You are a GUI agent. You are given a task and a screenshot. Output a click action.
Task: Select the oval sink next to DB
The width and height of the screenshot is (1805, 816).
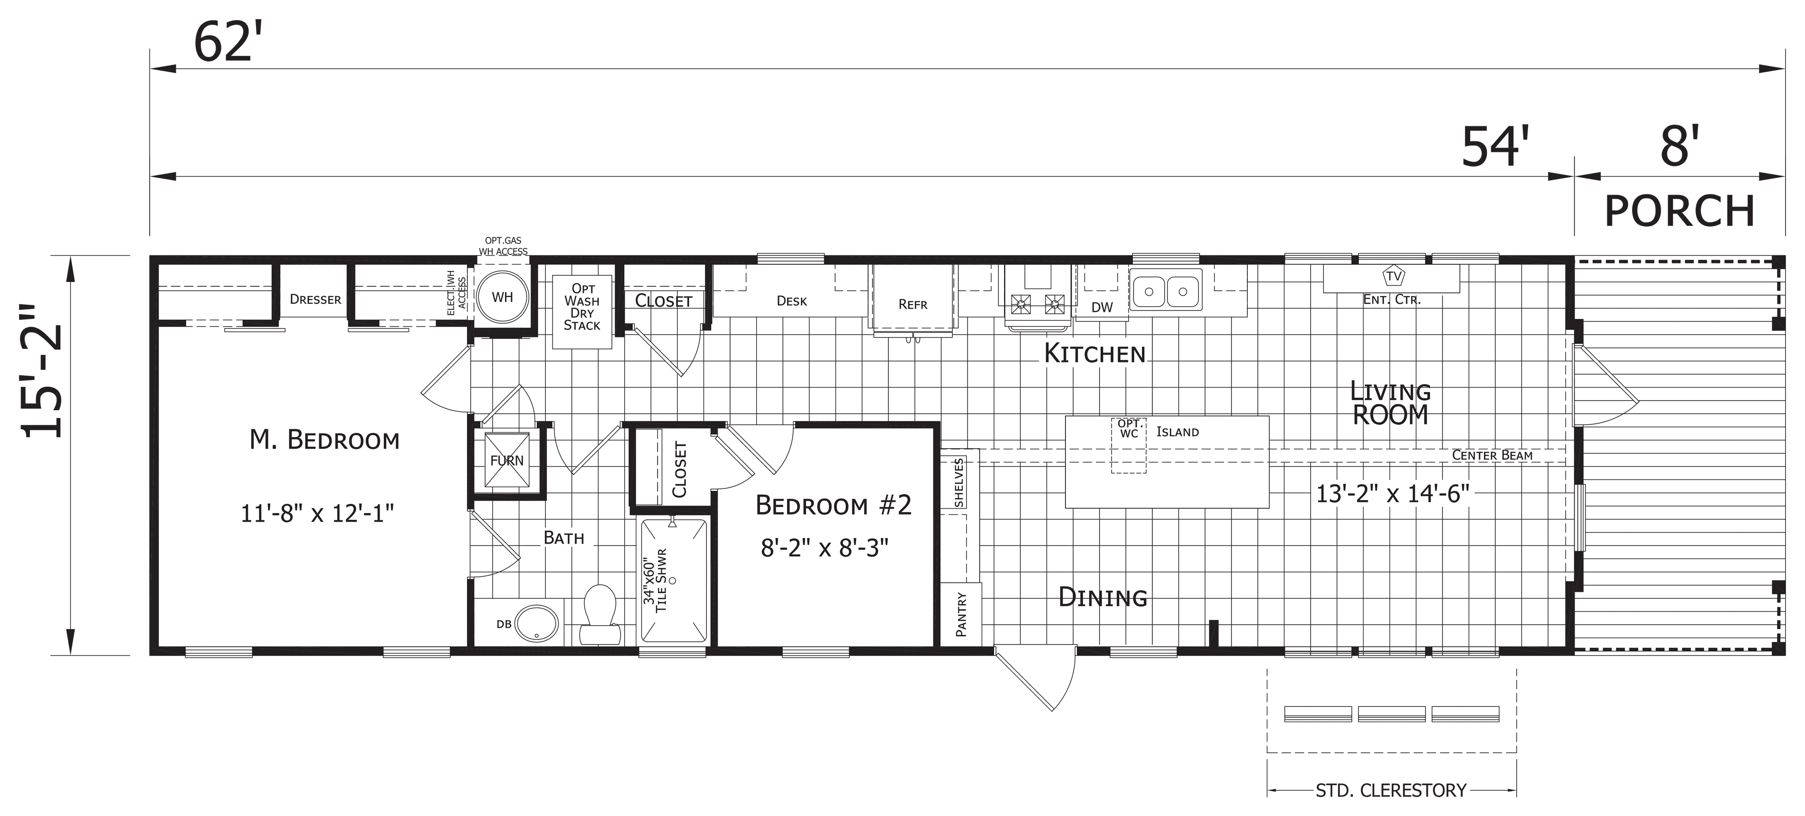pyautogui.click(x=537, y=623)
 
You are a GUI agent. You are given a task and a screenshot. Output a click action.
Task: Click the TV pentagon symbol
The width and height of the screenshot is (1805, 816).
pyautogui.click(x=1394, y=276)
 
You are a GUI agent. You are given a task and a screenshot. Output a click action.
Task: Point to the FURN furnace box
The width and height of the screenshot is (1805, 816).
pyautogui.click(x=507, y=460)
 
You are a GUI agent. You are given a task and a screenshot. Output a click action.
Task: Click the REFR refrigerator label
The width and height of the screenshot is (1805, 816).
pyautogui.click(x=912, y=305)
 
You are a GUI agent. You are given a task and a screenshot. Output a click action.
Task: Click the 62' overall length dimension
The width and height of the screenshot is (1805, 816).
pyautogui.click(x=222, y=42)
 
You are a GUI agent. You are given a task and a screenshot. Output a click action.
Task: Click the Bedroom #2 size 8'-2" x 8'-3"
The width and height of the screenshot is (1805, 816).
pyautogui.click(x=825, y=548)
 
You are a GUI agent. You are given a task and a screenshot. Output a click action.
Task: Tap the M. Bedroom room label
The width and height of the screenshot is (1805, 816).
pyautogui.click(x=324, y=440)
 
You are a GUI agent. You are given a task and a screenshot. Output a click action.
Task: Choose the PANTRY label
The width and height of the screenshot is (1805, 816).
pyautogui.click(x=961, y=614)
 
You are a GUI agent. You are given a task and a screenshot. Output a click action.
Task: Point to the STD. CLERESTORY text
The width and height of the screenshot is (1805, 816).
pyautogui.click(x=1391, y=791)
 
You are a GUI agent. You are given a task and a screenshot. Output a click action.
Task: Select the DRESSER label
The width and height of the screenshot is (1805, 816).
pyautogui.click(x=315, y=300)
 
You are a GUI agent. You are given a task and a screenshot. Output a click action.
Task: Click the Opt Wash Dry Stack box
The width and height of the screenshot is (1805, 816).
pyautogui.click(x=582, y=312)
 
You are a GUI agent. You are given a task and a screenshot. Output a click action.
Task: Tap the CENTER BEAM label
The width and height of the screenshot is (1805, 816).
pyautogui.click(x=1492, y=455)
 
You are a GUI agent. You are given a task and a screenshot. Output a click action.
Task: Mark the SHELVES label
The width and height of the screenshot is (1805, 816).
pyautogui.click(x=959, y=483)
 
